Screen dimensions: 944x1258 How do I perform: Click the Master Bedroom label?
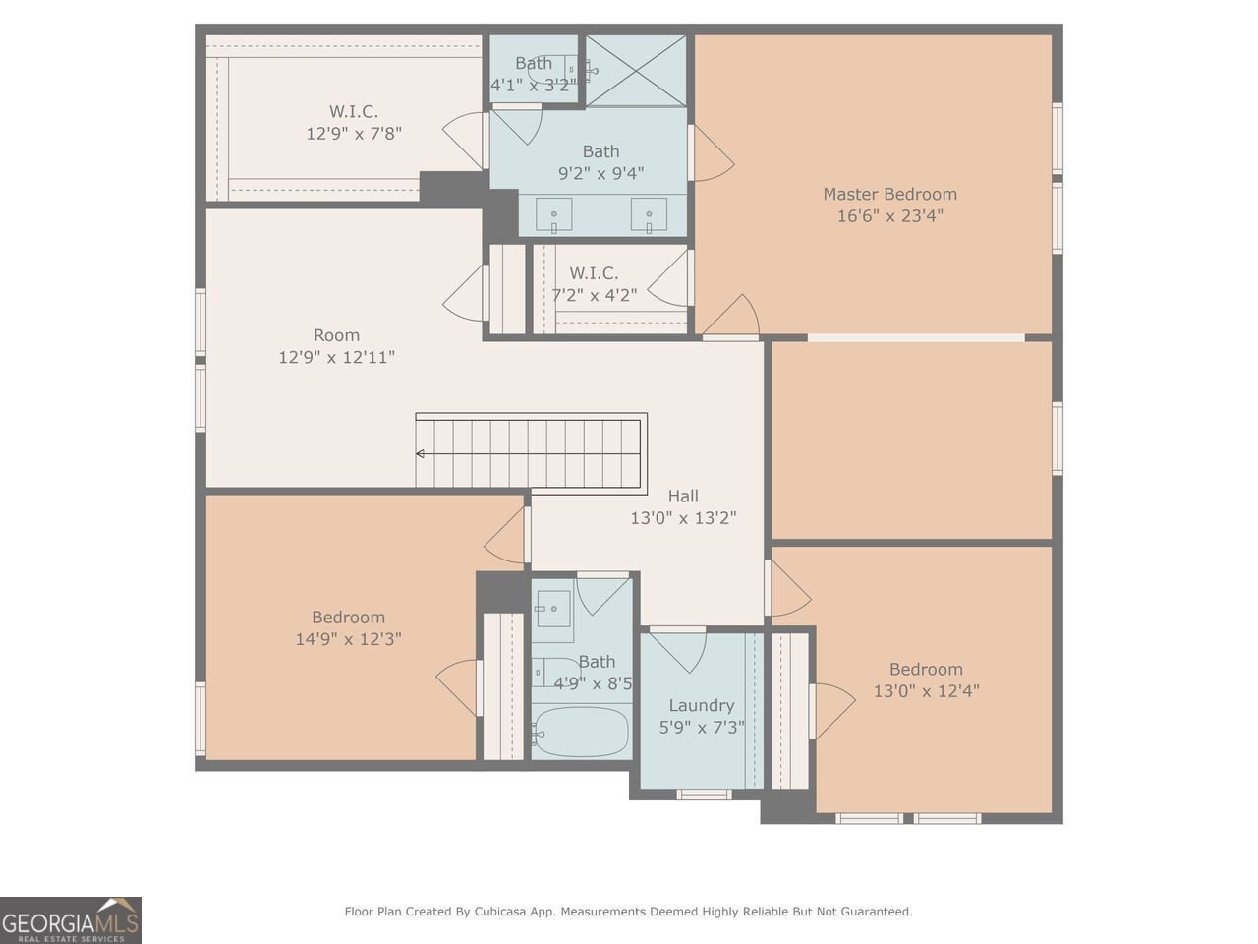(x=889, y=194)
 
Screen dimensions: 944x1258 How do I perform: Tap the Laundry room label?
(x=702, y=705)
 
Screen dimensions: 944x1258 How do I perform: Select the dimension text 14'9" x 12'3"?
(x=348, y=639)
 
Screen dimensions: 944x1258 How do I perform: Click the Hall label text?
(x=683, y=496)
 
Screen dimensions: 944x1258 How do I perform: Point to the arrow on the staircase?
(x=421, y=453)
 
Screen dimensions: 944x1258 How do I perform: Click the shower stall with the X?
(x=636, y=70)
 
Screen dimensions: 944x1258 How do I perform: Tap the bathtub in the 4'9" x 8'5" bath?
(x=581, y=733)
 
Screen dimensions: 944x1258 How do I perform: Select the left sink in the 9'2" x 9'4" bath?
(x=554, y=214)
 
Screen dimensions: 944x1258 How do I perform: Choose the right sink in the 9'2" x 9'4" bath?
(x=649, y=214)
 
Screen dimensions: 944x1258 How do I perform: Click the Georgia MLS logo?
(x=71, y=920)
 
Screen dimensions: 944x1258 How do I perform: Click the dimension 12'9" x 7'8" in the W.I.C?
(x=354, y=133)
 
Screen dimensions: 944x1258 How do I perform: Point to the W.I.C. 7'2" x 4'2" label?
(x=594, y=283)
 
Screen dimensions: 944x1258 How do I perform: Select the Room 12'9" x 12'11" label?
(x=336, y=346)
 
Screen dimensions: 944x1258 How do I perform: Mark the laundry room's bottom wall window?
(x=704, y=794)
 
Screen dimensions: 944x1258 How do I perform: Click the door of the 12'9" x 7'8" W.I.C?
(x=465, y=140)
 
